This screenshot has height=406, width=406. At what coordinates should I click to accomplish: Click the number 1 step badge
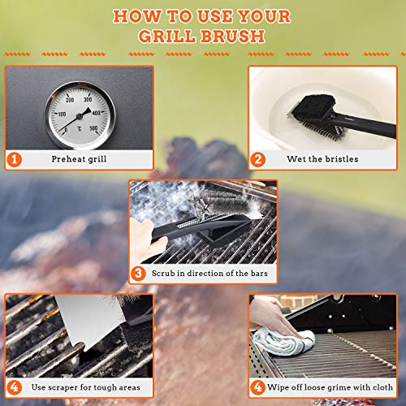coord(14,158)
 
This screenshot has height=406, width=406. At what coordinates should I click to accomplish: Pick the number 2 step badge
coord(257,158)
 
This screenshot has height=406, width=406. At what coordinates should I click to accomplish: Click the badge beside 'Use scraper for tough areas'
coord(14,386)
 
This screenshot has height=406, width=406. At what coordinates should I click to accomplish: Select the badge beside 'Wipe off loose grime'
coord(257,386)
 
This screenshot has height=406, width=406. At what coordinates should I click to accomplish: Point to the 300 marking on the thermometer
coord(88,98)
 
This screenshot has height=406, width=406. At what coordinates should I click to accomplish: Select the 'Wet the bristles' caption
coord(327,159)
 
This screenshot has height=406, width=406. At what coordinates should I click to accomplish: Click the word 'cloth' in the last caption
coord(381,387)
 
